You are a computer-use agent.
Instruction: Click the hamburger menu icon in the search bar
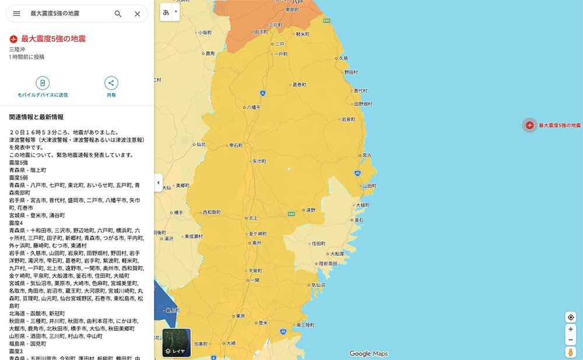(x=16, y=13)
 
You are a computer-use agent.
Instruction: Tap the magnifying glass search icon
(x=118, y=13)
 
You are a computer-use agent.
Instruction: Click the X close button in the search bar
(x=137, y=13)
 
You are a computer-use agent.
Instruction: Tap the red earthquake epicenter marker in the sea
(x=529, y=125)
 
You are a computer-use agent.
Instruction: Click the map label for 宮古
(x=367, y=155)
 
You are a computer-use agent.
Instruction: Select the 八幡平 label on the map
(x=254, y=107)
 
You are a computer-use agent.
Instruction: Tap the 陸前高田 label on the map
(x=328, y=264)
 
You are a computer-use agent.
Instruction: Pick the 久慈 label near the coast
(x=343, y=58)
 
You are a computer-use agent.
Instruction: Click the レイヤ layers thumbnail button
(x=176, y=343)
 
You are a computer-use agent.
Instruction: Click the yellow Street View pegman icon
(x=570, y=352)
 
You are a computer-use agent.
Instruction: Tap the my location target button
(x=570, y=317)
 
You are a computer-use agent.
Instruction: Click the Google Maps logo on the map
(x=368, y=354)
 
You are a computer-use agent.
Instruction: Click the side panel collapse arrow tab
(x=158, y=182)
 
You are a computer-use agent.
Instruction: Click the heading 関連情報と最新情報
(x=36, y=117)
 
